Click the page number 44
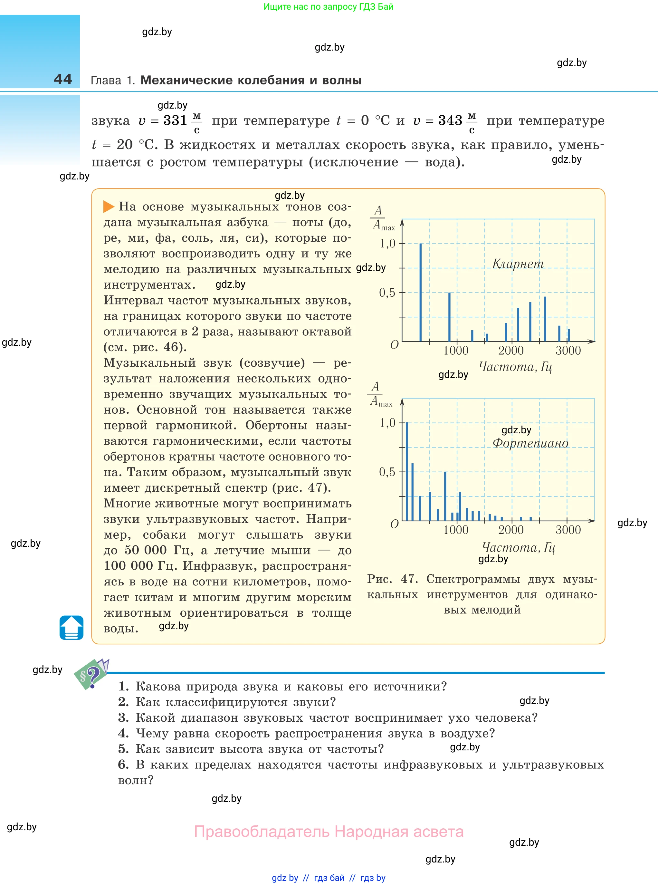coord(63,79)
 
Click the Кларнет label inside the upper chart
coord(518,264)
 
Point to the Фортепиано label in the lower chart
coord(530,443)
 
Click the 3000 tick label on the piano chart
coord(568,530)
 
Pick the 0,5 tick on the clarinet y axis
coord(387,293)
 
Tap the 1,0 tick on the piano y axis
coord(387,423)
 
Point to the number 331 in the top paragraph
coord(175,120)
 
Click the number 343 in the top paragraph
coord(450,120)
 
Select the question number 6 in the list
coord(123,764)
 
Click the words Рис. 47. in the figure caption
coord(392,579)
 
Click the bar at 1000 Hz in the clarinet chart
coord(449,317)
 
